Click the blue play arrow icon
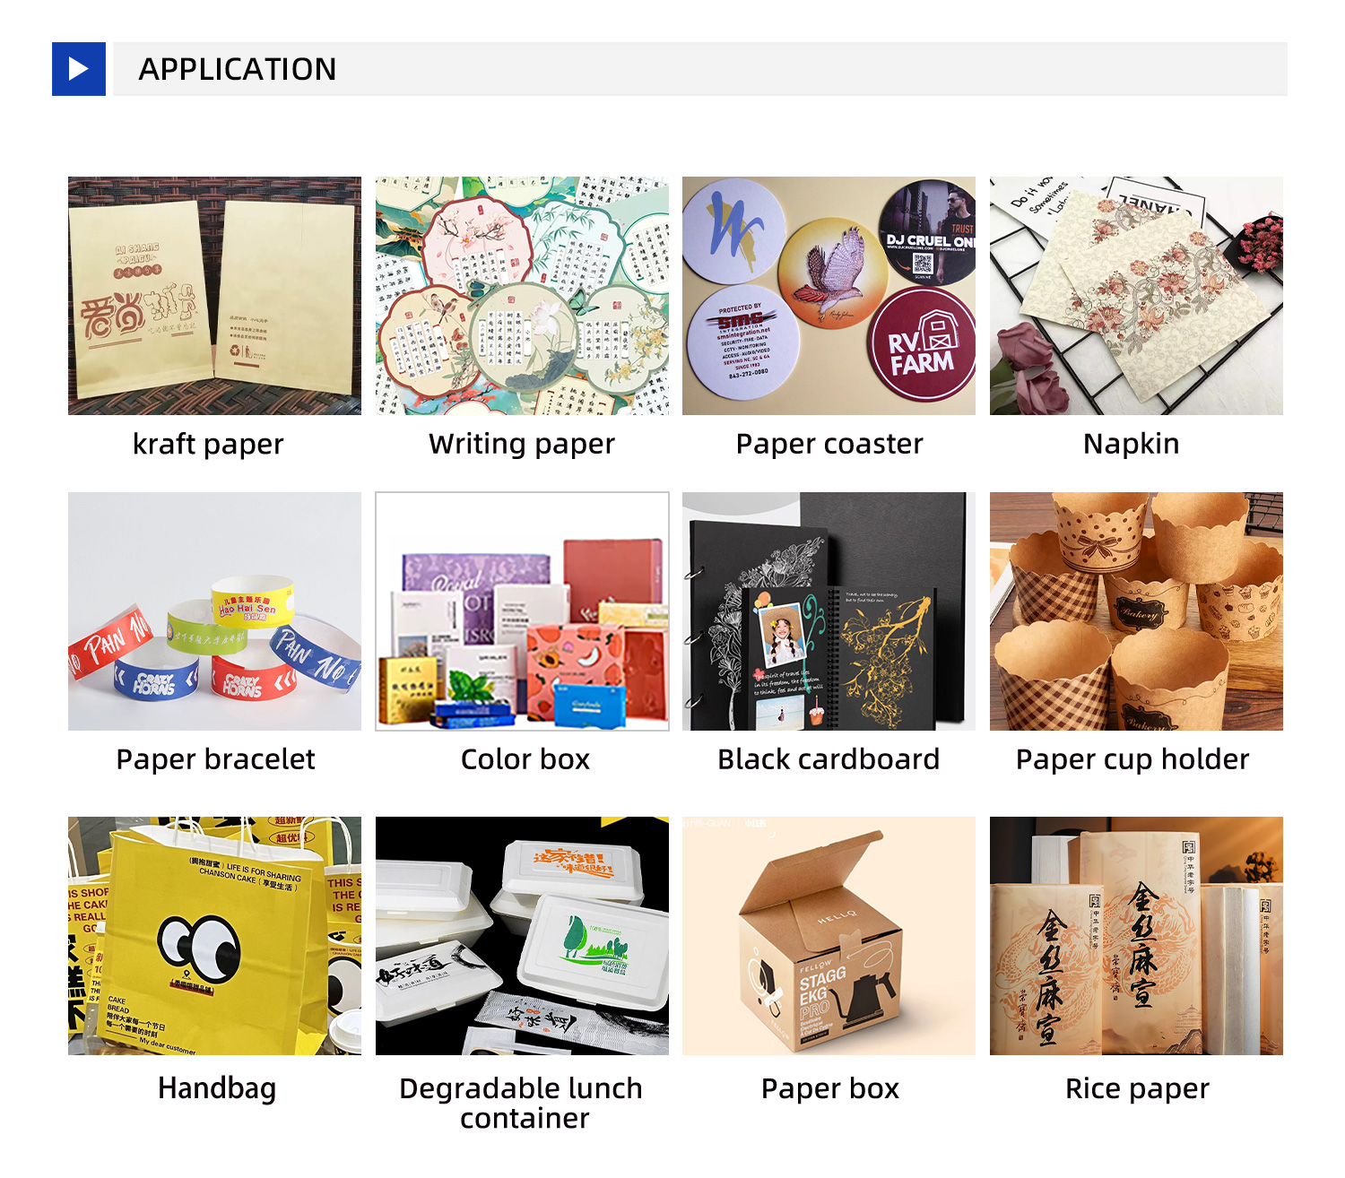[x=79, y=69]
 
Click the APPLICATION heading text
[x=238, y=69]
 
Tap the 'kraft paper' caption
[x=208, y=444]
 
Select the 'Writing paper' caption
[x=522, y=444]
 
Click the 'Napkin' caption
[x=1131, y=444]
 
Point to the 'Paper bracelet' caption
[x=215, y=759]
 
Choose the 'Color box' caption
[x=525, y=759]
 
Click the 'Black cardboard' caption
[x=829, y=759]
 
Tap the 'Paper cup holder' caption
[x=1132, y=759]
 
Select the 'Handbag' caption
[x=216, y=1088]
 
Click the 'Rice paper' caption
[x=1137, y=1088]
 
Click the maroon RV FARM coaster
[x=922, y=342]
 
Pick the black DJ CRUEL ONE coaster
[x=929, y=233]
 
